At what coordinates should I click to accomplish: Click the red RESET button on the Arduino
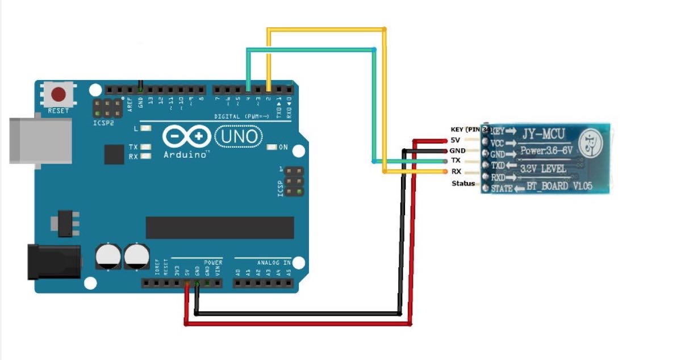(59, 94)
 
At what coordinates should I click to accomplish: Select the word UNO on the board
(239, 137)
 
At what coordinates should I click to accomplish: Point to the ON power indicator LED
(272, 147)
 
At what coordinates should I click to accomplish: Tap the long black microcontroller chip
(220, 227)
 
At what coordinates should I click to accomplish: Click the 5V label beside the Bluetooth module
(455, 140)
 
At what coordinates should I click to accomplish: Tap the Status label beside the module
(462, 183)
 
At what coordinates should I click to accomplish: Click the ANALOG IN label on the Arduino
(274, 263)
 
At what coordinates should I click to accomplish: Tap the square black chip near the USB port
(114, 154)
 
